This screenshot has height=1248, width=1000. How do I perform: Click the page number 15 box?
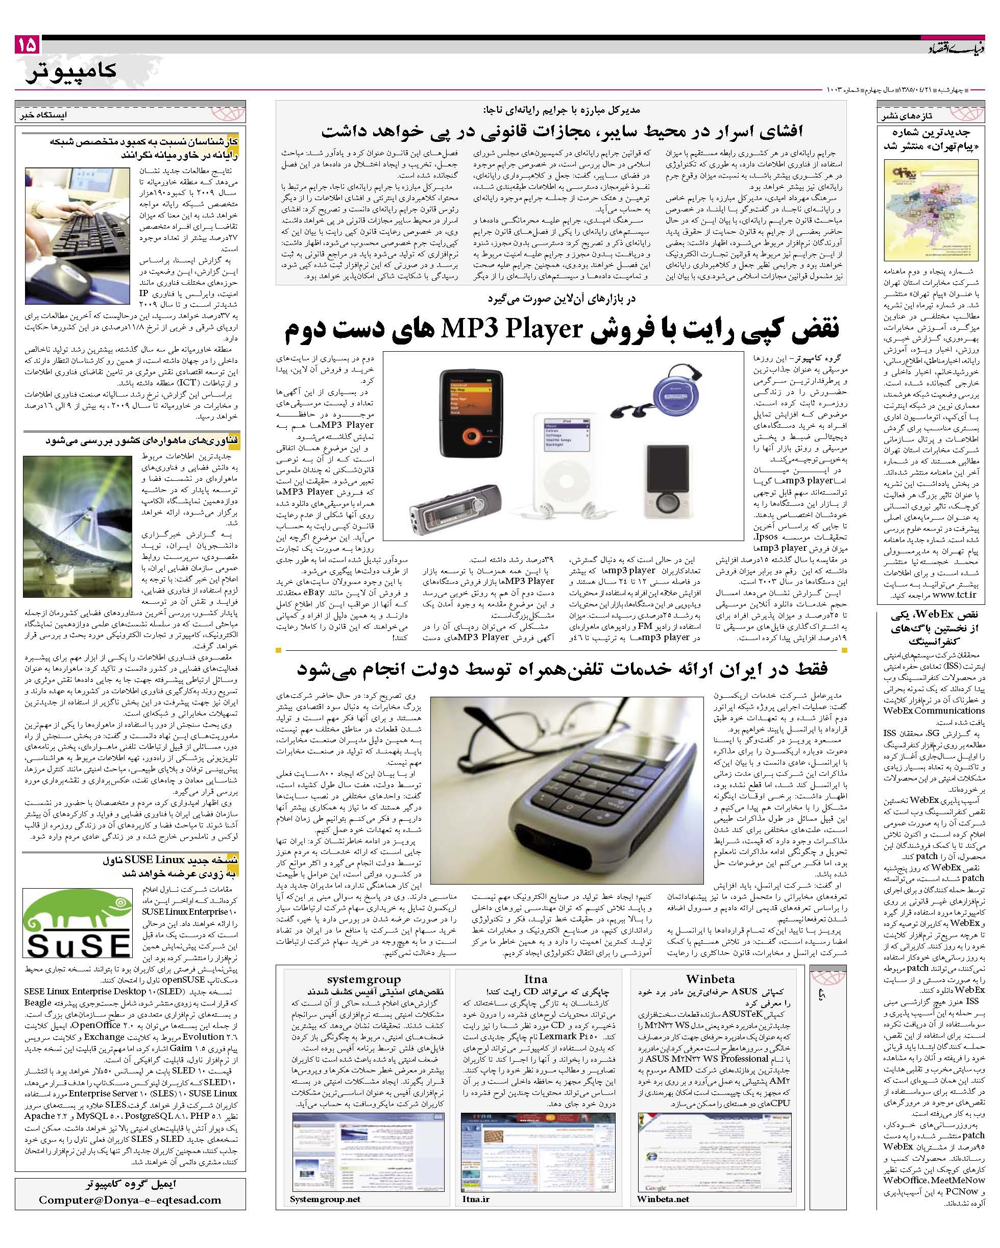coord(27,44)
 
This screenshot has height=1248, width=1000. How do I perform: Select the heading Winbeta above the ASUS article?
coord(710,979)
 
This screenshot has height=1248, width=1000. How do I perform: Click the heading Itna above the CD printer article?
coord(535,979)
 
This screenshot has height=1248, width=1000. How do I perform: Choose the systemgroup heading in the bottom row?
coord(363,979)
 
